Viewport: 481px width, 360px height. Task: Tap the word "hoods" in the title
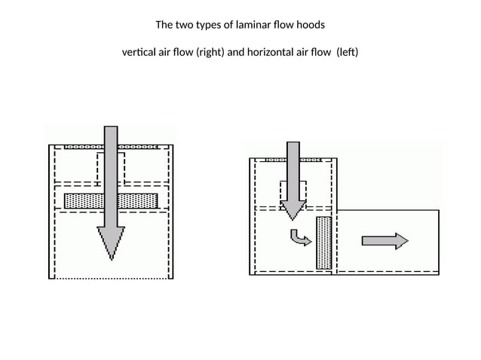click(309, 24)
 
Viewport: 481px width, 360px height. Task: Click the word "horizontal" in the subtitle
click(271, 53)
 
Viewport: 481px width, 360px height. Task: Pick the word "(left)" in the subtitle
click(348, 53)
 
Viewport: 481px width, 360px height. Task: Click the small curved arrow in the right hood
click(300, 238)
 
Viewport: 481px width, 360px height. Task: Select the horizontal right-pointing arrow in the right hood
click(384, 240)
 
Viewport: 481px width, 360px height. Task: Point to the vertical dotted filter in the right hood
click(324, 242)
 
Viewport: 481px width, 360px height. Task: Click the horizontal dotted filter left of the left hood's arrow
click(83, 201)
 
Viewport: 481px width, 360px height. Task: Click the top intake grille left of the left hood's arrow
click(83, 146)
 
